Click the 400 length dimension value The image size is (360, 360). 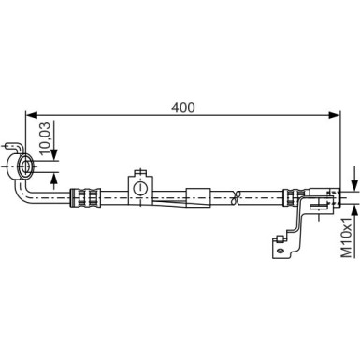pos(183,107)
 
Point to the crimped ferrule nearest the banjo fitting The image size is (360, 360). pos(85,197)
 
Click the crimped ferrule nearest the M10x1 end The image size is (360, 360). pos(292,197)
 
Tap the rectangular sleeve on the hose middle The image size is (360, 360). pos(199,196)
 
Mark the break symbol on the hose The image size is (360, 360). pos(239,197)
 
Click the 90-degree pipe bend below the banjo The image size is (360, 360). pos(23,191)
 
